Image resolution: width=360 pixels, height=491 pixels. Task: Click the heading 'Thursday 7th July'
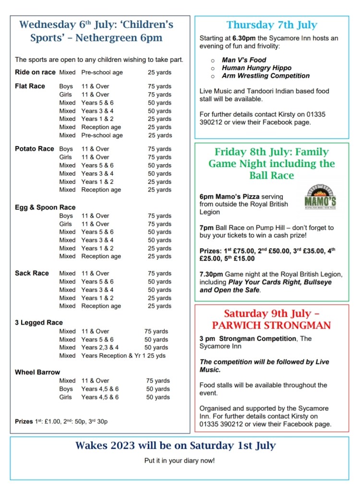click(272, 25)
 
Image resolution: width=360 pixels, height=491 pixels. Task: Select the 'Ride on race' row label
click(35, 72)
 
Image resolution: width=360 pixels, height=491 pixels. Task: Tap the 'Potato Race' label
click(35, 149)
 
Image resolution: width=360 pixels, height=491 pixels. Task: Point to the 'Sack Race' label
click(32, 273)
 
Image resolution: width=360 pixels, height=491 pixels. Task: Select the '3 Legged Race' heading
click(39, 323)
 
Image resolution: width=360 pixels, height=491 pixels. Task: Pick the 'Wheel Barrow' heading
click(37, 372)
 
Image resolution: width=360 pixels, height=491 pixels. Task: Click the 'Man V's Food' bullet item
click(244, 60)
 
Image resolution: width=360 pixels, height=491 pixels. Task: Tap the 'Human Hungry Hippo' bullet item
click(256, 68)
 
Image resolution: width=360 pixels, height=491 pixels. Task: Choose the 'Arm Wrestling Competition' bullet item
click(265, 76)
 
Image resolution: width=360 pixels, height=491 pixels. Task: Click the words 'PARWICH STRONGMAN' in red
click(272, 326)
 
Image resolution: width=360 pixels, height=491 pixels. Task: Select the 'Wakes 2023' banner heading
click(176, 445)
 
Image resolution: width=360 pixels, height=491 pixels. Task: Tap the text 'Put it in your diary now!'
click(180, 461)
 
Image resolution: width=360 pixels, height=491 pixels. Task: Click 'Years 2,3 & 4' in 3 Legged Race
click(100, 347)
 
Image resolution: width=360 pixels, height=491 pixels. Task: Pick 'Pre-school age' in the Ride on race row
click(102, 72)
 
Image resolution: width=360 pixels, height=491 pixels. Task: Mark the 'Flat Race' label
click(30, 86)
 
